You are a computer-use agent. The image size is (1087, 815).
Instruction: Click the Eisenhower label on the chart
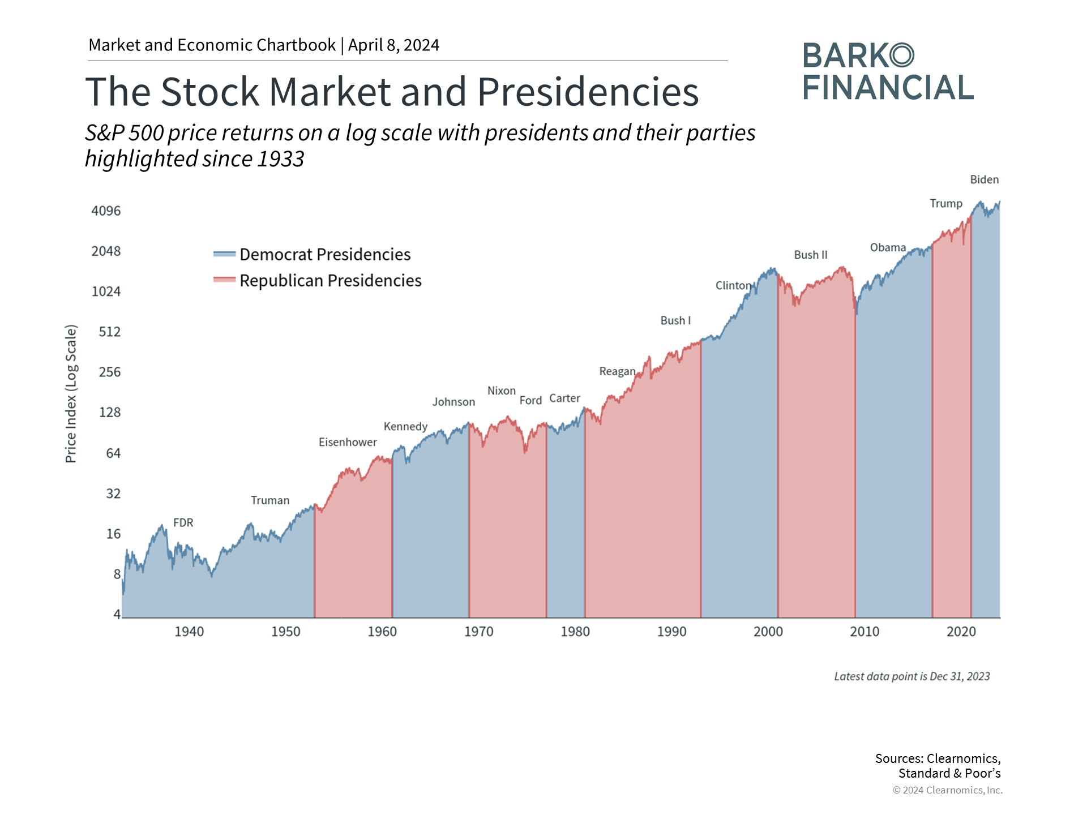348,442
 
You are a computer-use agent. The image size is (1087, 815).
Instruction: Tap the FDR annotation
183,522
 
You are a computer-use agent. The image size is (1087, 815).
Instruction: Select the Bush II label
810,255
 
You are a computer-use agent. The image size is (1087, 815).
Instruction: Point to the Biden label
984,179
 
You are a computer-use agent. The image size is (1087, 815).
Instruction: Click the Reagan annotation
617,371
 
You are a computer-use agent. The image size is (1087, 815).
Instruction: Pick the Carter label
564,398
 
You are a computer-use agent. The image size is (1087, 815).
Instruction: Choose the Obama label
888,247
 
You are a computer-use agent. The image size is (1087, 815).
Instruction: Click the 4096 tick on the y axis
106,211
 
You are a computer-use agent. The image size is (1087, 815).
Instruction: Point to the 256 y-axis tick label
109,372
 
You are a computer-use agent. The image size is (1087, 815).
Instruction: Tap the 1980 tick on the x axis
575,632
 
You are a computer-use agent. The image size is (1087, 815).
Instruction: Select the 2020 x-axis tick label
961,632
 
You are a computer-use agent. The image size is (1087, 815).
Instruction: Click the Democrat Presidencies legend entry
324,255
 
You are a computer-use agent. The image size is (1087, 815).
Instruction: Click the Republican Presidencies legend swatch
224,280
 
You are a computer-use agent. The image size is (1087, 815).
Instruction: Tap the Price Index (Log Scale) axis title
71,394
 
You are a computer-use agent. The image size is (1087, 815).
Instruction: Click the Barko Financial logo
887,72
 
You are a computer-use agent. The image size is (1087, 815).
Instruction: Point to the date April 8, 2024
393,45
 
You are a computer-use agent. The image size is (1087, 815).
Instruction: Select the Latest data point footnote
911,676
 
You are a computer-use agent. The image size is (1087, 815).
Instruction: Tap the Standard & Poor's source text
949,773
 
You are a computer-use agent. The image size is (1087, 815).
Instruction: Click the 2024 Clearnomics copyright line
947,790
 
